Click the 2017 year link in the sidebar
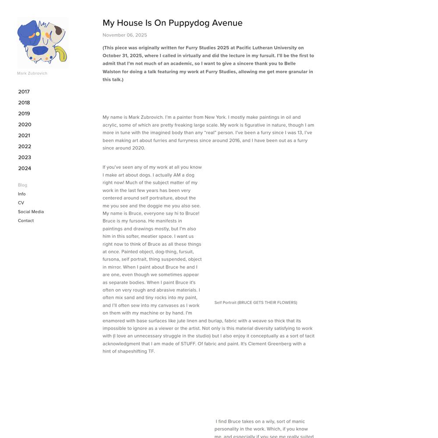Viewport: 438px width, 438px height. click(x=24, y=92)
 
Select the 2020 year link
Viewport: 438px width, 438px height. click(x=25, y=124)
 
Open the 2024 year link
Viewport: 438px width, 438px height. click(x=25, y=168)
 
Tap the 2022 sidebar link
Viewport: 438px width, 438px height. click(x=25, y=146)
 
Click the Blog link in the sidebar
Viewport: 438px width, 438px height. click(x=22, y=185)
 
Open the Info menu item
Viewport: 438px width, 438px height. click(x=21, y=194)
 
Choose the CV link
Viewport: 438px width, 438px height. click(x=21, y=203)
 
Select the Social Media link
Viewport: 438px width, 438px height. click(x=31, y=212)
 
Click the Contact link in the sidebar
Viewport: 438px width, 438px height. click(x=26, y=221)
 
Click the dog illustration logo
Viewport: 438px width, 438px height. click(x=42, y=42)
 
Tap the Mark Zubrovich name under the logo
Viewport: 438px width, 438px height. click(x=32, y=73)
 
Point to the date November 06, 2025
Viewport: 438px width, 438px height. click(x=125, y=35)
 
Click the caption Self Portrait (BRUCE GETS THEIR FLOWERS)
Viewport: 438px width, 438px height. click(x=256, y=303)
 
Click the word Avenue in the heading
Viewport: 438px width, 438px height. click(x=227, y=23)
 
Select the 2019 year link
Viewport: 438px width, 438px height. click(x=24, y=113)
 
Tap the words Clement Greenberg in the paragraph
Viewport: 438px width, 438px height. click(x=269, y=344)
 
